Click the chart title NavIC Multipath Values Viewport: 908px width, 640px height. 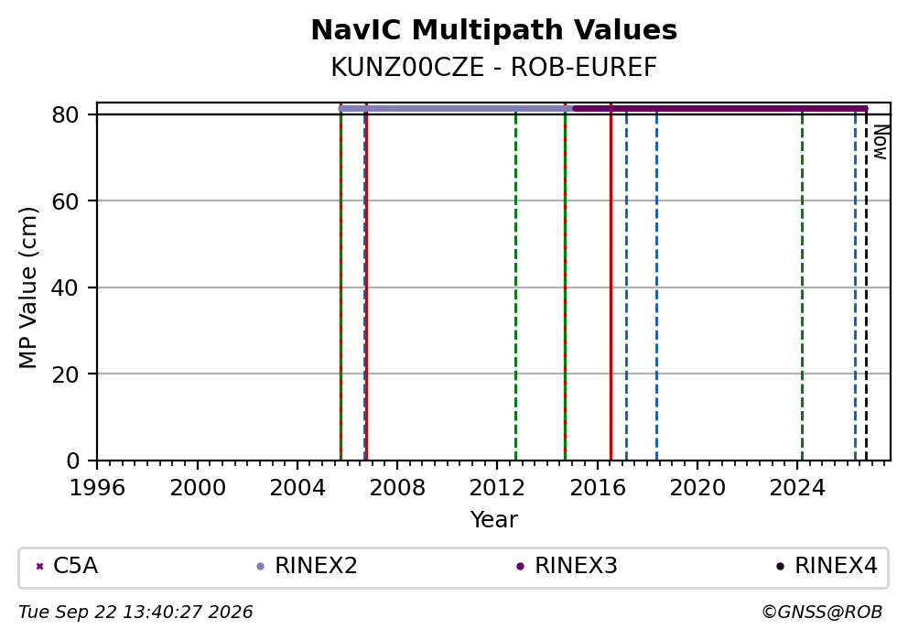pyautogui.click(x=494, y=30)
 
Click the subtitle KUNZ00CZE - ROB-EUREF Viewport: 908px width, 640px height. pyautogui.click(x=494, y=68)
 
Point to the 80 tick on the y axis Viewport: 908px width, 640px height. pyautogui.click(x=65, y=114)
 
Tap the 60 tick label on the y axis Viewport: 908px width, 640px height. pyautogui.click(x=65, y=201)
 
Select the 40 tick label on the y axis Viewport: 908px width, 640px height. pyautogui.click(x=65, y=287)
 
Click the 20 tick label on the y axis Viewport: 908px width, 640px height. pyautogui.click(x=65, y=374)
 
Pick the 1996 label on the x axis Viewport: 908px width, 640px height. pyautogui.click(x=97, y=488)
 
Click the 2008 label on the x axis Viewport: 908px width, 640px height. pyautogui.click(x=397, y=488)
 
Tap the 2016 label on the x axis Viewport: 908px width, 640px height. pyautogui.click(x=598, y=488)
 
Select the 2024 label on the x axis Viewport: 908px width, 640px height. pyautogui.click(x=797, y=488)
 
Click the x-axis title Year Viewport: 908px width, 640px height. pyautogui.click(x=494, y=519)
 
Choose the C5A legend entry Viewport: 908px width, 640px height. pyautogui.click(x=67, y=566)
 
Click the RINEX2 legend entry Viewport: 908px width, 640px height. pyautogui.click(x=307, y=566)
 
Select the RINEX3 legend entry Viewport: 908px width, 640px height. pyautogui.click(x=567, y=566)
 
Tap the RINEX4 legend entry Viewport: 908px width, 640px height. pyautogui.click(x=827, y=566)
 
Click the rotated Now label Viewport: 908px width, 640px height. pyautogui.click(x=881, y=142)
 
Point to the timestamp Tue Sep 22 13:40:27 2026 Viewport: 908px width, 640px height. pyautogui.click(x=135, y=613)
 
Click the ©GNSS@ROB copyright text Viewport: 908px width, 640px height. pyautogui.click(x=822, y=613)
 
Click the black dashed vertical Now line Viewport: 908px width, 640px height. pyautogui.click(x=866, y=285)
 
